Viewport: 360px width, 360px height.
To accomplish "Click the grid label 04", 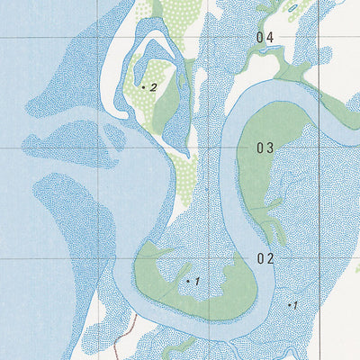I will coord(265,38).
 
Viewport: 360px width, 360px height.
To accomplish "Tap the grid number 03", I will coord(265,148).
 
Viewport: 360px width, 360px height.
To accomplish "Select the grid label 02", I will coord(265,259).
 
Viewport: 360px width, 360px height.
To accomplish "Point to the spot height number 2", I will coord(154,86).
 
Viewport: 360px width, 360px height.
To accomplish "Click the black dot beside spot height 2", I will coord(144,86).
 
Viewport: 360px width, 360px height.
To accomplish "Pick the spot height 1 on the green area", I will coord(196,282).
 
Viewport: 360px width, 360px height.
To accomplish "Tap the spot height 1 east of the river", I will coord(294,305).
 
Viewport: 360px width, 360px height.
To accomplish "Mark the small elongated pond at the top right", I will coord(292,8).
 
